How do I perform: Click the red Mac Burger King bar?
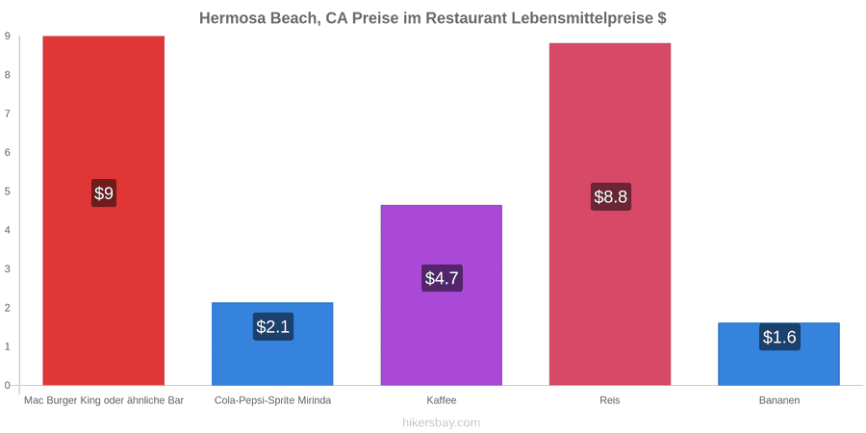click(103, 211)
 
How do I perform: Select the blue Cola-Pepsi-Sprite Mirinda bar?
click(272, 344)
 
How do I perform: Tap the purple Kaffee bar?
click(442, 295)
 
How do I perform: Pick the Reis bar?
click(610, 215)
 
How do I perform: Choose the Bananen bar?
click(778, 354)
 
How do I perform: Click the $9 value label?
click(103, 193)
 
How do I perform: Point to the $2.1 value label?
click(273, 326)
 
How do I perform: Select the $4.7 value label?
click(442, 278)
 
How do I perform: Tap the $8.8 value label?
click(610, 196)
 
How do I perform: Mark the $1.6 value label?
click(779, 337)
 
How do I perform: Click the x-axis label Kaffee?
click(442, 400)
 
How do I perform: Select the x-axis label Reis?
click(610, 400)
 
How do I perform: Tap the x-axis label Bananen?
click(778, 400)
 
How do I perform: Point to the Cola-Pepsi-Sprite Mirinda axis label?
click(272, 400)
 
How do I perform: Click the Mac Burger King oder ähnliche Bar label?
click(103, 400)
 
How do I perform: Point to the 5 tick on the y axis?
click(8, 191)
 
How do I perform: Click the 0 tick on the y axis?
click(8, 385)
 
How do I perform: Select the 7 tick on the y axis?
click(8, 114)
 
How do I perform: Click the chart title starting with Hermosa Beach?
click(432, 18)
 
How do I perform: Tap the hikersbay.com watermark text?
click(433, 422)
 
